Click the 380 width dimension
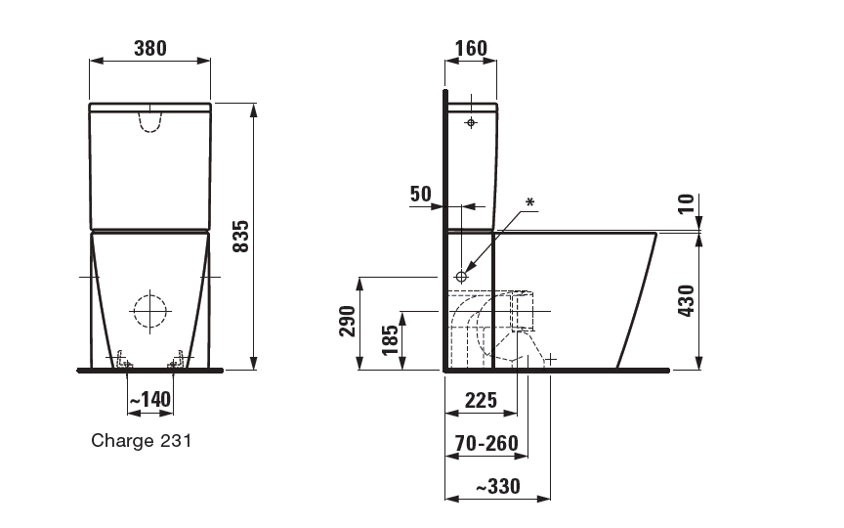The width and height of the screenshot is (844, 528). pyautogui.click(x=150, y=48)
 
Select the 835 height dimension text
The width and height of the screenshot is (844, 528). pyautogui.click(x=241, y=237)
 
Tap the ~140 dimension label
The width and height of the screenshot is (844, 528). pyautogui.click(x=149, y=399)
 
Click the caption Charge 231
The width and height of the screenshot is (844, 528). pyautogui.click(x=142, y=440)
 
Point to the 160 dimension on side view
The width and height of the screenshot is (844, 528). pyautogui.click(x=470, y=49)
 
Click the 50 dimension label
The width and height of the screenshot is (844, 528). pyautogui.click(x=420, y=194)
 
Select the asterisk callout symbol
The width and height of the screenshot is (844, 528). pyautogui.click(x=530, y=202)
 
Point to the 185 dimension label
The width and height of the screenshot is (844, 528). pyautogui.click(x=390, y=340)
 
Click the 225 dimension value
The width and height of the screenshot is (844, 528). pyautogui.click(x=480, y=399)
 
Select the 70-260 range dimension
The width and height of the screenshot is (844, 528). pyautogui.click(x=486, y=443)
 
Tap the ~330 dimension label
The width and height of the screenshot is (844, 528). pyautogui.click(x=496, y=486)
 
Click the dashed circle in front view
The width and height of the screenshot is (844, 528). pyautogui.click(x=150, y=311)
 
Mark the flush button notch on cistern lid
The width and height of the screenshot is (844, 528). pyautogui.click(x=149, y=119)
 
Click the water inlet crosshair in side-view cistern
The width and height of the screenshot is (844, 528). pyautogui.click(x=471, y=123)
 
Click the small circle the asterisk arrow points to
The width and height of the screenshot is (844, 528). pyautogui.click(x=462, y=277)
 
